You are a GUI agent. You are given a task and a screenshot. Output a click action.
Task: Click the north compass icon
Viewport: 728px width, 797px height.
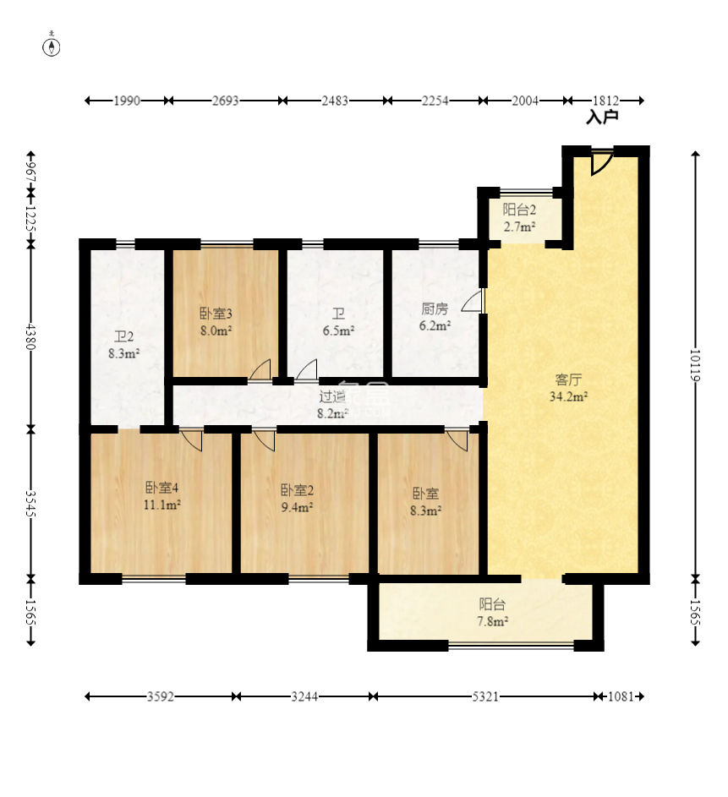[x=52, y=45]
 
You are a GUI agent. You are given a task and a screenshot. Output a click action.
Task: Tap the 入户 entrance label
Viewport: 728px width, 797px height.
[x=602, y=117]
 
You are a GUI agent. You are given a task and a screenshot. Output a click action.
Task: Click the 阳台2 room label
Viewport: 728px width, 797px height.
[x=519, y=210]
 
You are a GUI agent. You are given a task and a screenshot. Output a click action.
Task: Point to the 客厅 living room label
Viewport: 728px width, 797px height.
[x=568, y=379]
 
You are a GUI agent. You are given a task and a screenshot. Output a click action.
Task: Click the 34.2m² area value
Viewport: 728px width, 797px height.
[x=568, y=396]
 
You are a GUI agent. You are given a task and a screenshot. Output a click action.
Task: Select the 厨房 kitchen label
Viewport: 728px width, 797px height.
[x=435, y=308]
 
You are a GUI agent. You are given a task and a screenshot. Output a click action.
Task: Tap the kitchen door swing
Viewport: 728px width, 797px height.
[x=472, y=302]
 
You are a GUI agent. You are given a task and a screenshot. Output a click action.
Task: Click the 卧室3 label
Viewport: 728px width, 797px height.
[x=216, y=314]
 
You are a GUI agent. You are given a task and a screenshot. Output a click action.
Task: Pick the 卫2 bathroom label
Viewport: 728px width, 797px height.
[x=123, y=336]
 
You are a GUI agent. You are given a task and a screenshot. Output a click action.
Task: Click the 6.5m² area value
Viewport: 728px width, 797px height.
[x=338, y=330]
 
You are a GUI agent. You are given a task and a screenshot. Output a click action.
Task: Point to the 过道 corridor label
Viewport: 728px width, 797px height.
[x=332, y=396]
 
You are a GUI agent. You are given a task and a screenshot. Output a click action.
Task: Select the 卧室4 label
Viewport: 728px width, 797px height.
[x=161, y=488]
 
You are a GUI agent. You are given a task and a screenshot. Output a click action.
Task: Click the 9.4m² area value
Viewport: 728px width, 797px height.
[x=297, y=507]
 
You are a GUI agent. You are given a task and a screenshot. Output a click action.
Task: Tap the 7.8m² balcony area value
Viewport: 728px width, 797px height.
[x=493, y=621]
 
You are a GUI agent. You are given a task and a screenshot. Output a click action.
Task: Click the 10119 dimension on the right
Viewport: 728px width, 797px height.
[x=695, y=365]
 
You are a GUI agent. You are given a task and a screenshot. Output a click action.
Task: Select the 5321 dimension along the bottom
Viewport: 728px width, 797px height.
[x=485, y=696]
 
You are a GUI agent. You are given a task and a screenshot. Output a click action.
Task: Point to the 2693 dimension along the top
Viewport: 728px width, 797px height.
[x=225, y=101]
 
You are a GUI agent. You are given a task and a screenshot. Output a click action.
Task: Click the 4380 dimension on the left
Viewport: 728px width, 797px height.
[x=31, y=336]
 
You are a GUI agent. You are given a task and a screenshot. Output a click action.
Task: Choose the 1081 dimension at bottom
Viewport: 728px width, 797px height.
[x=621, y=696]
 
